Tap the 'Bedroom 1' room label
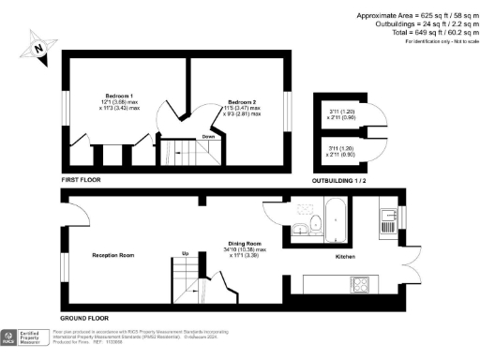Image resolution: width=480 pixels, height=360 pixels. (x=118, y=97)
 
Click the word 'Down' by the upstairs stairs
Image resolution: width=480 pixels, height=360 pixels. (x=208, y=137)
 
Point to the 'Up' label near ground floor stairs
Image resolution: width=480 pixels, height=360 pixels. (x=185, y=254)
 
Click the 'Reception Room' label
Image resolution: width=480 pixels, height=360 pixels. (x=112, y=255)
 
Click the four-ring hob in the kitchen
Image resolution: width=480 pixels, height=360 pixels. (x=360, y=283)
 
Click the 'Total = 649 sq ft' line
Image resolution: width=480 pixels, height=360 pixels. (x=426, y=31)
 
